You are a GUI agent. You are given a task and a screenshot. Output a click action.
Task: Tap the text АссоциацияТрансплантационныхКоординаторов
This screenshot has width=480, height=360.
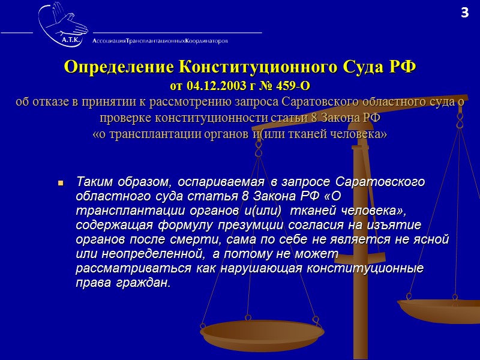[x=160, y=41]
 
